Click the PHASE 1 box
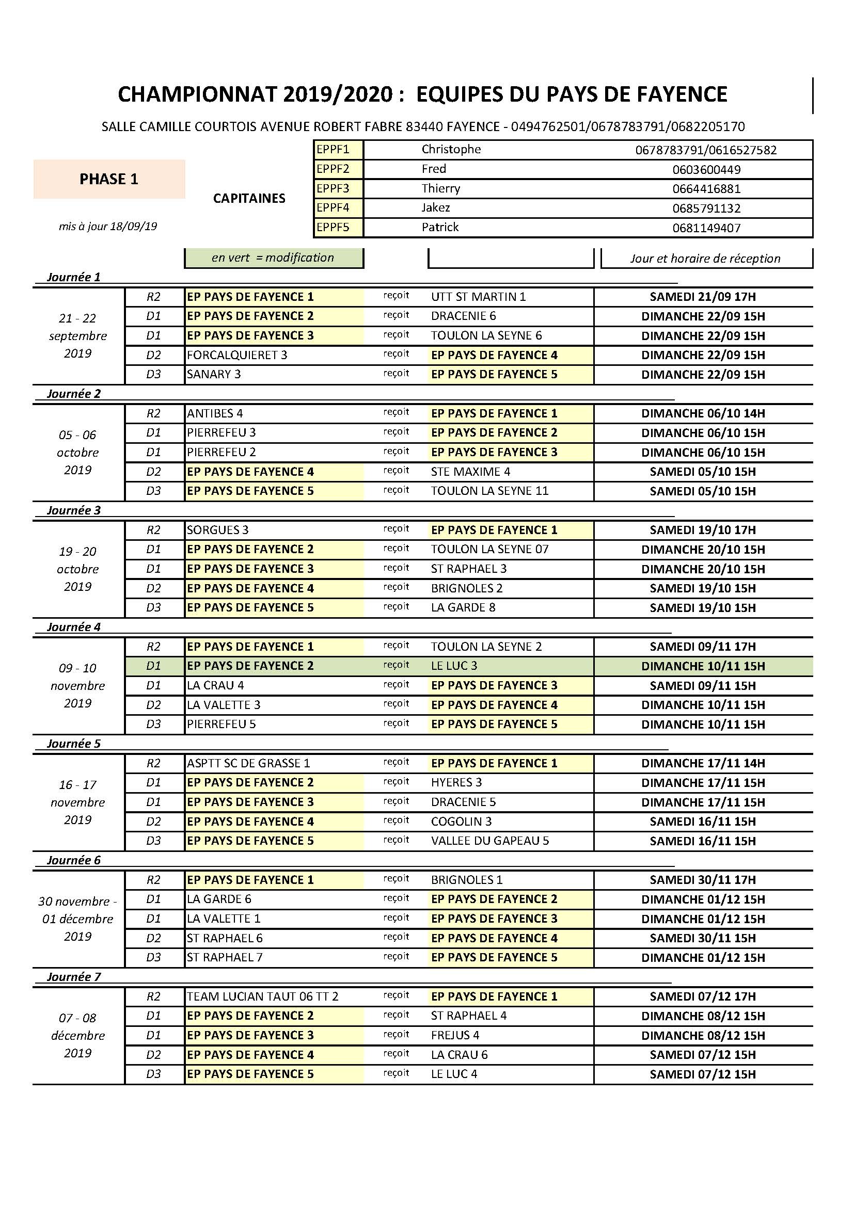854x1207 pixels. tap(109, 179)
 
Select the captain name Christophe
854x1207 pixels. tap(451, 149)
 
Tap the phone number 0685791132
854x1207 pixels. tap(706, 208)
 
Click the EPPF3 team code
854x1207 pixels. tap(333, 188)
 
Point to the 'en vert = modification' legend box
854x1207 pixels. tap(273, 258)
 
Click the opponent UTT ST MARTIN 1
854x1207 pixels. tap(478, 297)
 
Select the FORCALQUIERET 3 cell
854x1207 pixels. tap(237, 356)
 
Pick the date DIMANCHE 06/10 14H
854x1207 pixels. tap(703, 414)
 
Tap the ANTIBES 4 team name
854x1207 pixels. tap(215, 414)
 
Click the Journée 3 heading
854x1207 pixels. tap(74, 510)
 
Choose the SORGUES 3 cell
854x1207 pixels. tap(218, 530)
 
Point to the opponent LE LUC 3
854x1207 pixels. tap(454, 666)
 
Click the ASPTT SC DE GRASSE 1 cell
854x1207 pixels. tap(248, 763)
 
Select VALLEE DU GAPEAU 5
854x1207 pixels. tap(489, 841)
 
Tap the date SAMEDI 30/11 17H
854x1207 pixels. tap(703, 880)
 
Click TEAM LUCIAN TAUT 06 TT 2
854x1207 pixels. tap(262, 997)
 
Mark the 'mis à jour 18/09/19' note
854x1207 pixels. tap(108, 227)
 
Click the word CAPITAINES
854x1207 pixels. tap(249, 198)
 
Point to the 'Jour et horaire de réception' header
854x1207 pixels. tap(705, 259)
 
